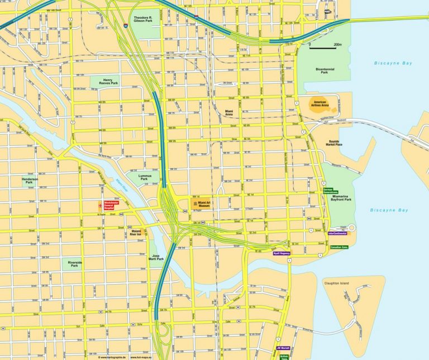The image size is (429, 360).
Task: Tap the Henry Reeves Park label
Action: [x=108, y=82]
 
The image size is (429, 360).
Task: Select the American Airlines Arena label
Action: [x=323, y=104]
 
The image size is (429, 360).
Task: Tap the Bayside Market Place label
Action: [x=334, y=143]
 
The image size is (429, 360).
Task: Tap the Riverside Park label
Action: [x=75, y=263]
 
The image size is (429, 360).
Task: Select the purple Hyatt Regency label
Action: [x=281, y=253]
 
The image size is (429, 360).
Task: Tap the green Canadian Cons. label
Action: [x=340, y=247]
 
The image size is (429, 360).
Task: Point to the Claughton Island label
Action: [x=336, y=283]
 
